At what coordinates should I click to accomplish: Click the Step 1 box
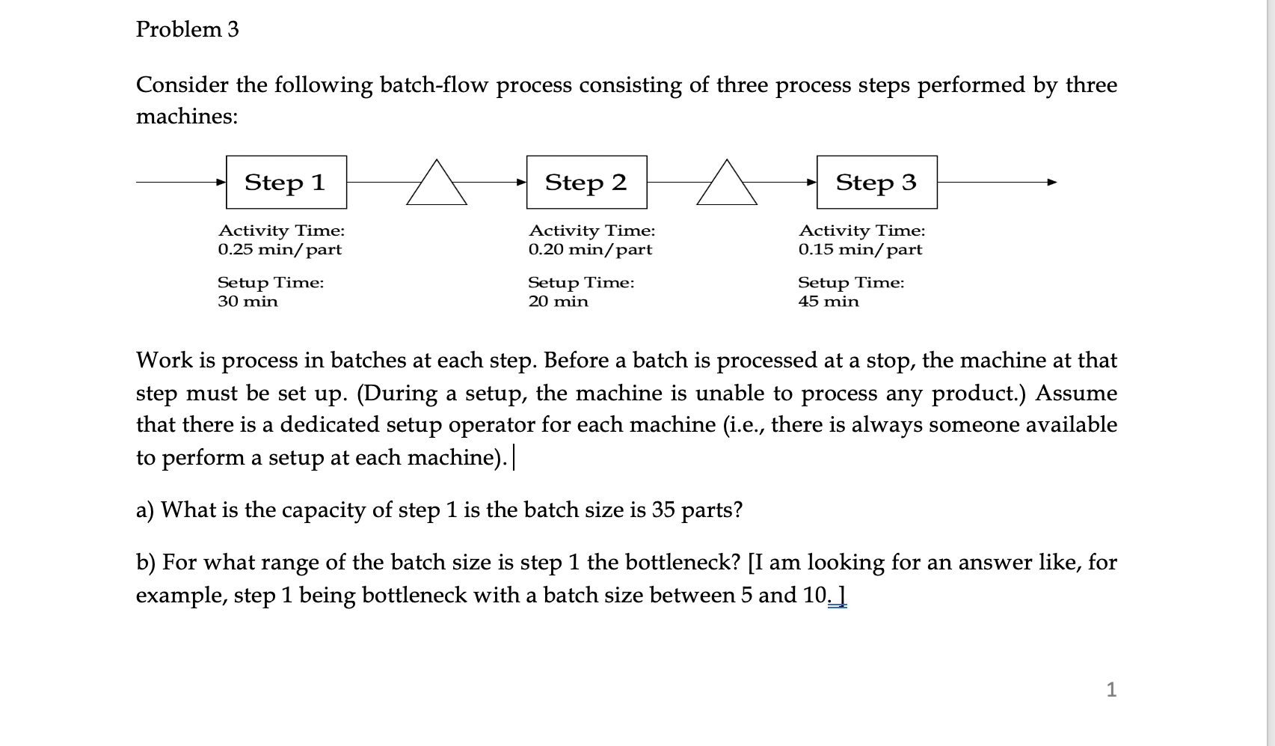(286, 183)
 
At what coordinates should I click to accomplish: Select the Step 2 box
(586, 183)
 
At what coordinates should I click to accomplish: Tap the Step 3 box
(876, 183)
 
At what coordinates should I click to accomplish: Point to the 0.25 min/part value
(280, 250)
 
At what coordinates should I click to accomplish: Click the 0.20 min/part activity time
(590, 250)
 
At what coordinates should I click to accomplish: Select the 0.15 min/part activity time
(860, 250)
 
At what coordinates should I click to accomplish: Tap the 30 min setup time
(248, 302)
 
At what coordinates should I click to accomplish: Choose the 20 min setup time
(558, 302)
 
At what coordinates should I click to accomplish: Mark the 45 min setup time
(829, 302)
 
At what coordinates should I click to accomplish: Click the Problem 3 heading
(187, 29)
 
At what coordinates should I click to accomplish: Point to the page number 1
(1111, 689)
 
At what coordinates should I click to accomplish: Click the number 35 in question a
(663, 510)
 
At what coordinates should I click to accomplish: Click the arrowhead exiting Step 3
(1052, 182)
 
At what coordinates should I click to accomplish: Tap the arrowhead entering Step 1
(221, 182)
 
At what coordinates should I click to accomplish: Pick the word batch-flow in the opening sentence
(434, 85)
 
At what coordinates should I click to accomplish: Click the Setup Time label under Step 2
(581, 283)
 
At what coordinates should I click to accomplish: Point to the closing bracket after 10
(843, 596)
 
